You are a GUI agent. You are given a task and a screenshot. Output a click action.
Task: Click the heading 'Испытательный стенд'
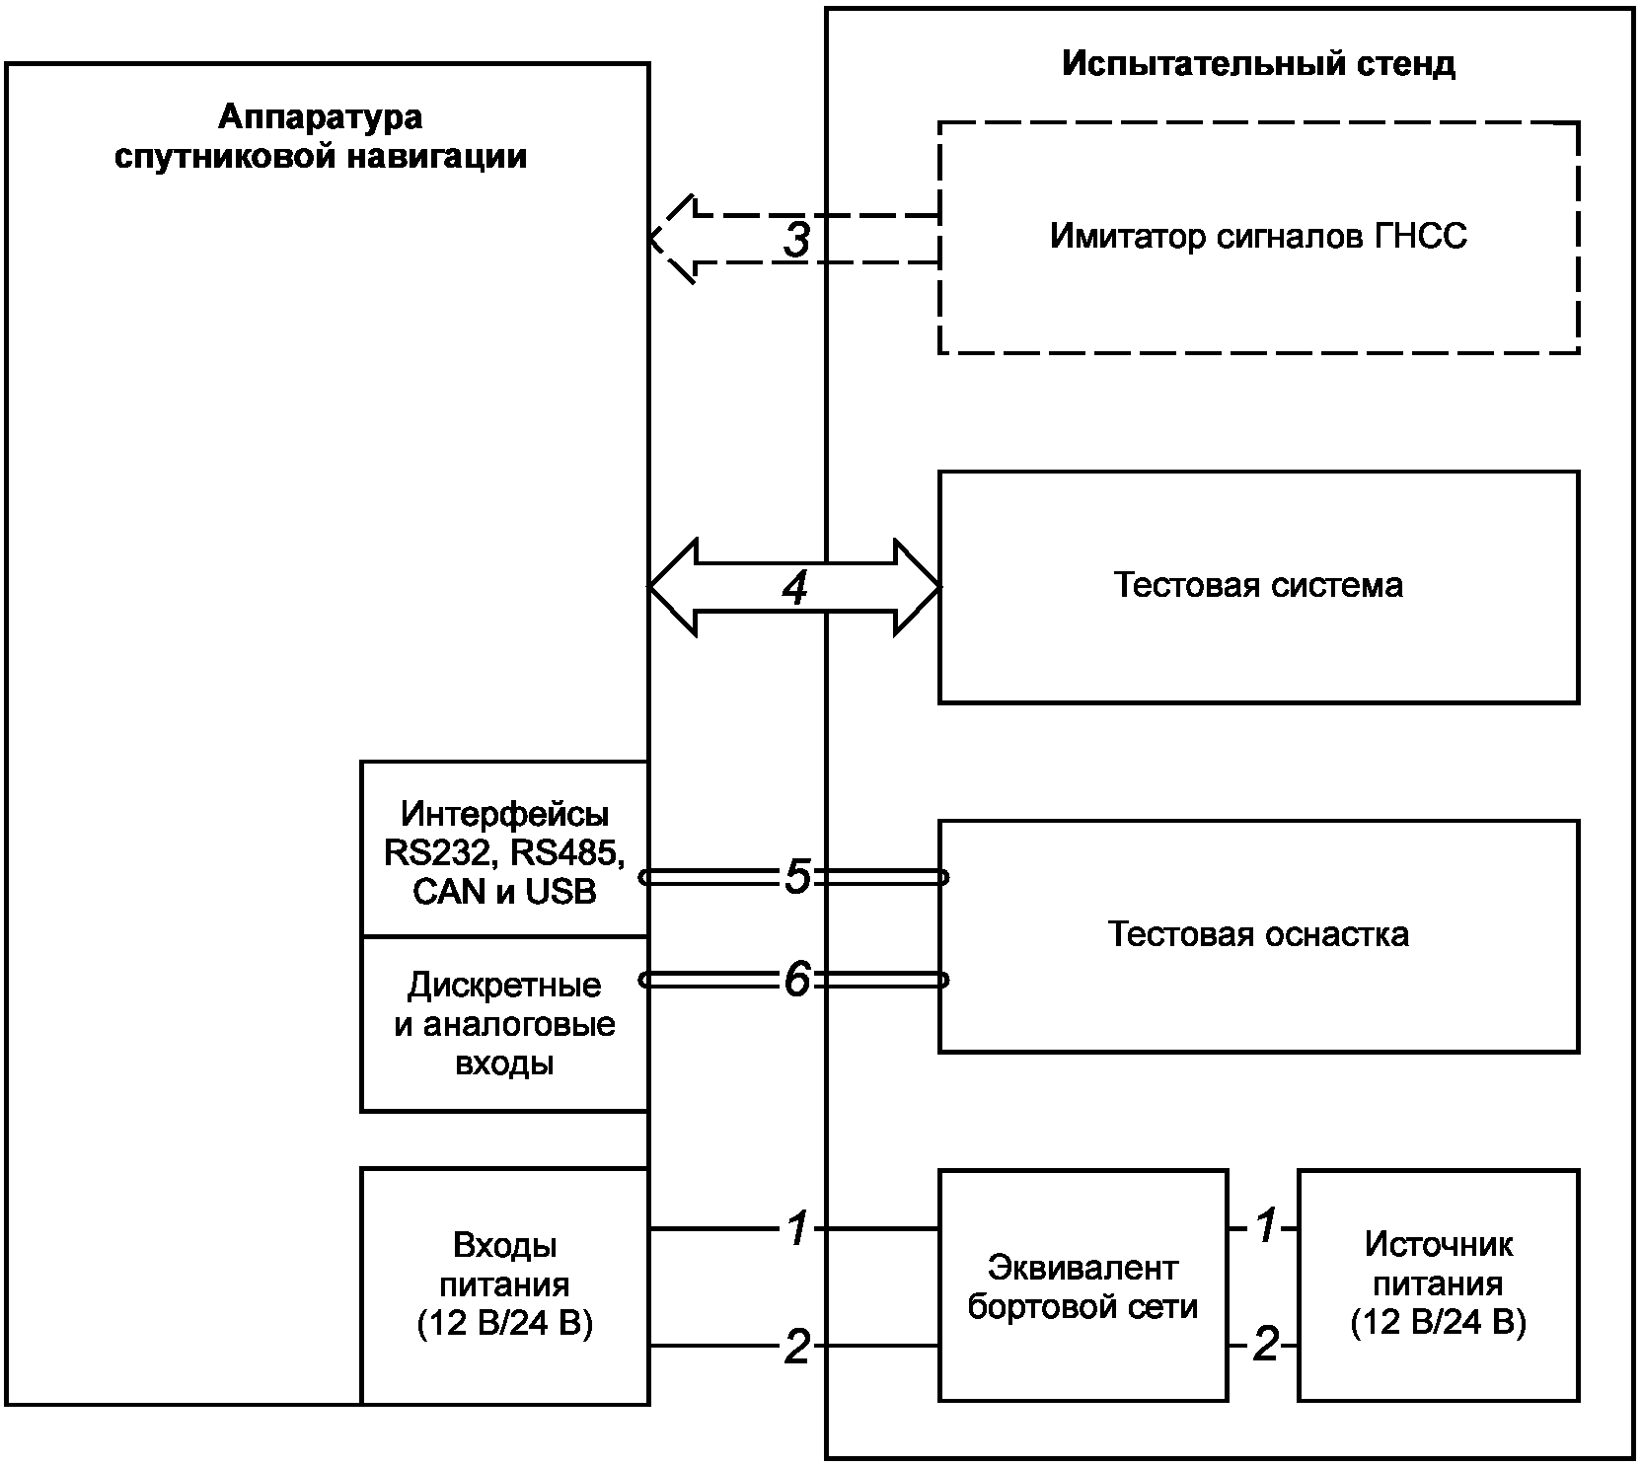(1258, 64)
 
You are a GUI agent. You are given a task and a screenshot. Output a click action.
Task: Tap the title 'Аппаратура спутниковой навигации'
(321, 137)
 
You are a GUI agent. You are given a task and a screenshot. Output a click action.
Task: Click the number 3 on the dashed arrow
(796, 240)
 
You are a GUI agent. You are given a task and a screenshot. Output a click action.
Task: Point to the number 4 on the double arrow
(795, 588)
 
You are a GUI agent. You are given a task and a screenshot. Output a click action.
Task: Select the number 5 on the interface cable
(797, 877)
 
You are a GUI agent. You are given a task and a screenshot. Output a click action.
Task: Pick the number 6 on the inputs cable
(797, 981)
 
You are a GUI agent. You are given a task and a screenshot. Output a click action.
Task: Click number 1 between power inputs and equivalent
(797, 1228)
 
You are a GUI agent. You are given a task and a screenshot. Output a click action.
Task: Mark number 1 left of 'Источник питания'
(1266, 1228)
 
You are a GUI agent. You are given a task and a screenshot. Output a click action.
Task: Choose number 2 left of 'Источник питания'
(1265, 1346)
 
